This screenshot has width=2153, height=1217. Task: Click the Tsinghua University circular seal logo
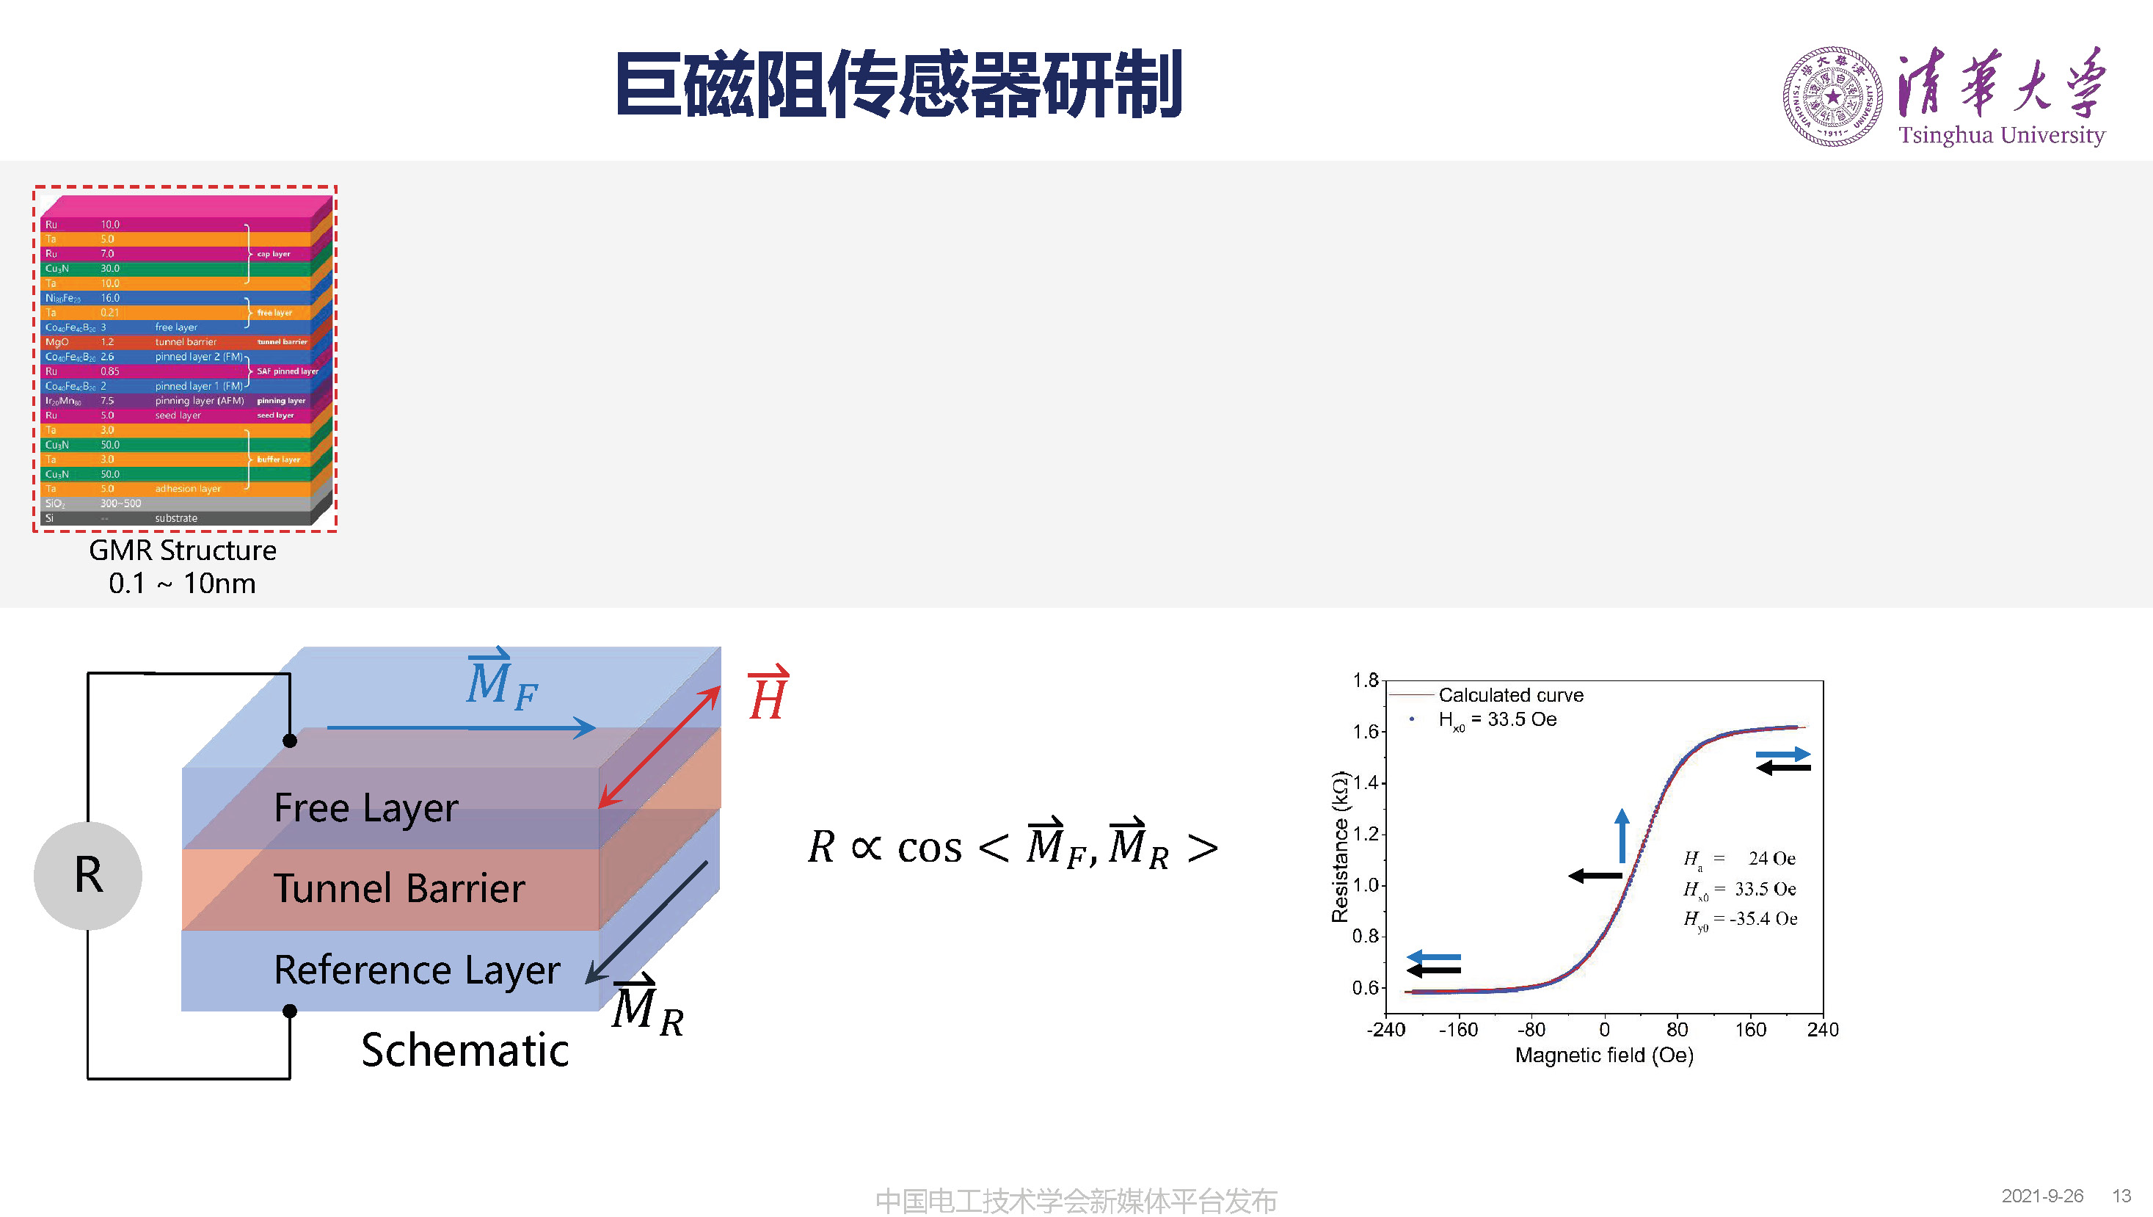tap(1832, 97)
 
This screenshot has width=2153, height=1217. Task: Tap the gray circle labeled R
tap(88, 875)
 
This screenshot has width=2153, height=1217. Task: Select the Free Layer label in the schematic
tap(366, 807)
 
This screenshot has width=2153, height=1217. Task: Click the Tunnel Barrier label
tap(399, 887)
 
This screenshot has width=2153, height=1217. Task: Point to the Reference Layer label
tap(416, 970)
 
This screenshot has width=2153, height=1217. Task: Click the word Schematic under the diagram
tap(465, 1050)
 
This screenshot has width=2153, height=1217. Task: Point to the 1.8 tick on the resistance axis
tap(1365, 680)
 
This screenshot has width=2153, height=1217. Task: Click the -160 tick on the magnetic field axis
tap(1459, 1030)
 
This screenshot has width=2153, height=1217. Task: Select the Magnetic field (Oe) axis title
tap(1604, 1056)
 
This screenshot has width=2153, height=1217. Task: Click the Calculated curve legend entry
tap(1510, 695)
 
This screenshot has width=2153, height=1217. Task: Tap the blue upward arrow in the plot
tap(1622, 835)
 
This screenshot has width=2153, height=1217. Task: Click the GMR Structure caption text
tap(182, 551)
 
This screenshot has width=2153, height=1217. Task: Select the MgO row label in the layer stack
tap(57, 342)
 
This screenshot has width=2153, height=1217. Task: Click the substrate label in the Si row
tap(176, 518)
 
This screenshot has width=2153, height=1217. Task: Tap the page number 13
tap(2121, 1196)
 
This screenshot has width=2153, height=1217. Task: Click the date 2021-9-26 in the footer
tap(2042, 1196)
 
